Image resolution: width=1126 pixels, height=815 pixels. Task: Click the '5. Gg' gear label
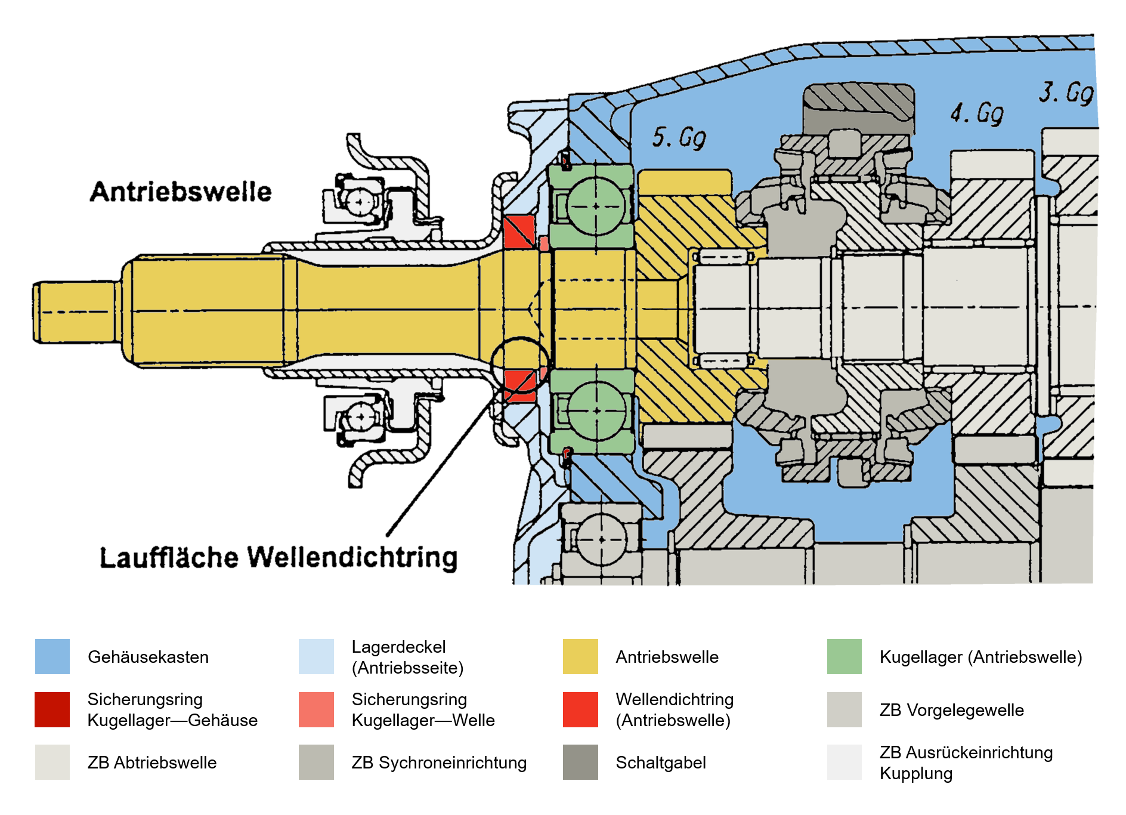click(x=679, y=137)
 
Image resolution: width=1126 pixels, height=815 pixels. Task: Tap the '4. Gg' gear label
click(x=976, y=112)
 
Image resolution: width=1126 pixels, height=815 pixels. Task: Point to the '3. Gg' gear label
click(x=1066, y=93)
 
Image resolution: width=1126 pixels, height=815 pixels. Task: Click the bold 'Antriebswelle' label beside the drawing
click(x=181, y=192)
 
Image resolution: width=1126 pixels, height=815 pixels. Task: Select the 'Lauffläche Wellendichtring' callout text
click(x=279, y=557)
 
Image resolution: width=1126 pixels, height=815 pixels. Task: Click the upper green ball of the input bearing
click(x=595, y=206)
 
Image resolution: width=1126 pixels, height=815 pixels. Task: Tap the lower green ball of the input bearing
click(x=596, y=410)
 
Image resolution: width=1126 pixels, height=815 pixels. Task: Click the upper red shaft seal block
click(x=519, y=231)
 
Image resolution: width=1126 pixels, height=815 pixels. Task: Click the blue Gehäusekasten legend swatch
click(x=52, y=656)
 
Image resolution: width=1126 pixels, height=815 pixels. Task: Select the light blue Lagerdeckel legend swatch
click(x=316, y=656)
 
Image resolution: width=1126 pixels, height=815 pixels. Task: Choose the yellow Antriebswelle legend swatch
click(x=580, y=656)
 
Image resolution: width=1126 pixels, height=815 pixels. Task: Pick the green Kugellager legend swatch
click(x=844, y=656)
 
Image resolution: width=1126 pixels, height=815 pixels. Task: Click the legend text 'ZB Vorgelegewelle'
click(x=951, y=710)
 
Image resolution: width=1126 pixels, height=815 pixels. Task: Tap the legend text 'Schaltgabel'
click(x=660, y=762)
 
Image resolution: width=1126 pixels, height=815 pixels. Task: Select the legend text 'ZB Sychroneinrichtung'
click(x=439, y=762)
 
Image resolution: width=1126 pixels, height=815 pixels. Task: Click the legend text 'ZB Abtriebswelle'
click(x=152, y=762)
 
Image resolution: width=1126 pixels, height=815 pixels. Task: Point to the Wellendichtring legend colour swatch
click(x=580, y=709)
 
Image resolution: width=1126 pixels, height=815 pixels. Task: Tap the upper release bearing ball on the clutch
click(x=360, y=202)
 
